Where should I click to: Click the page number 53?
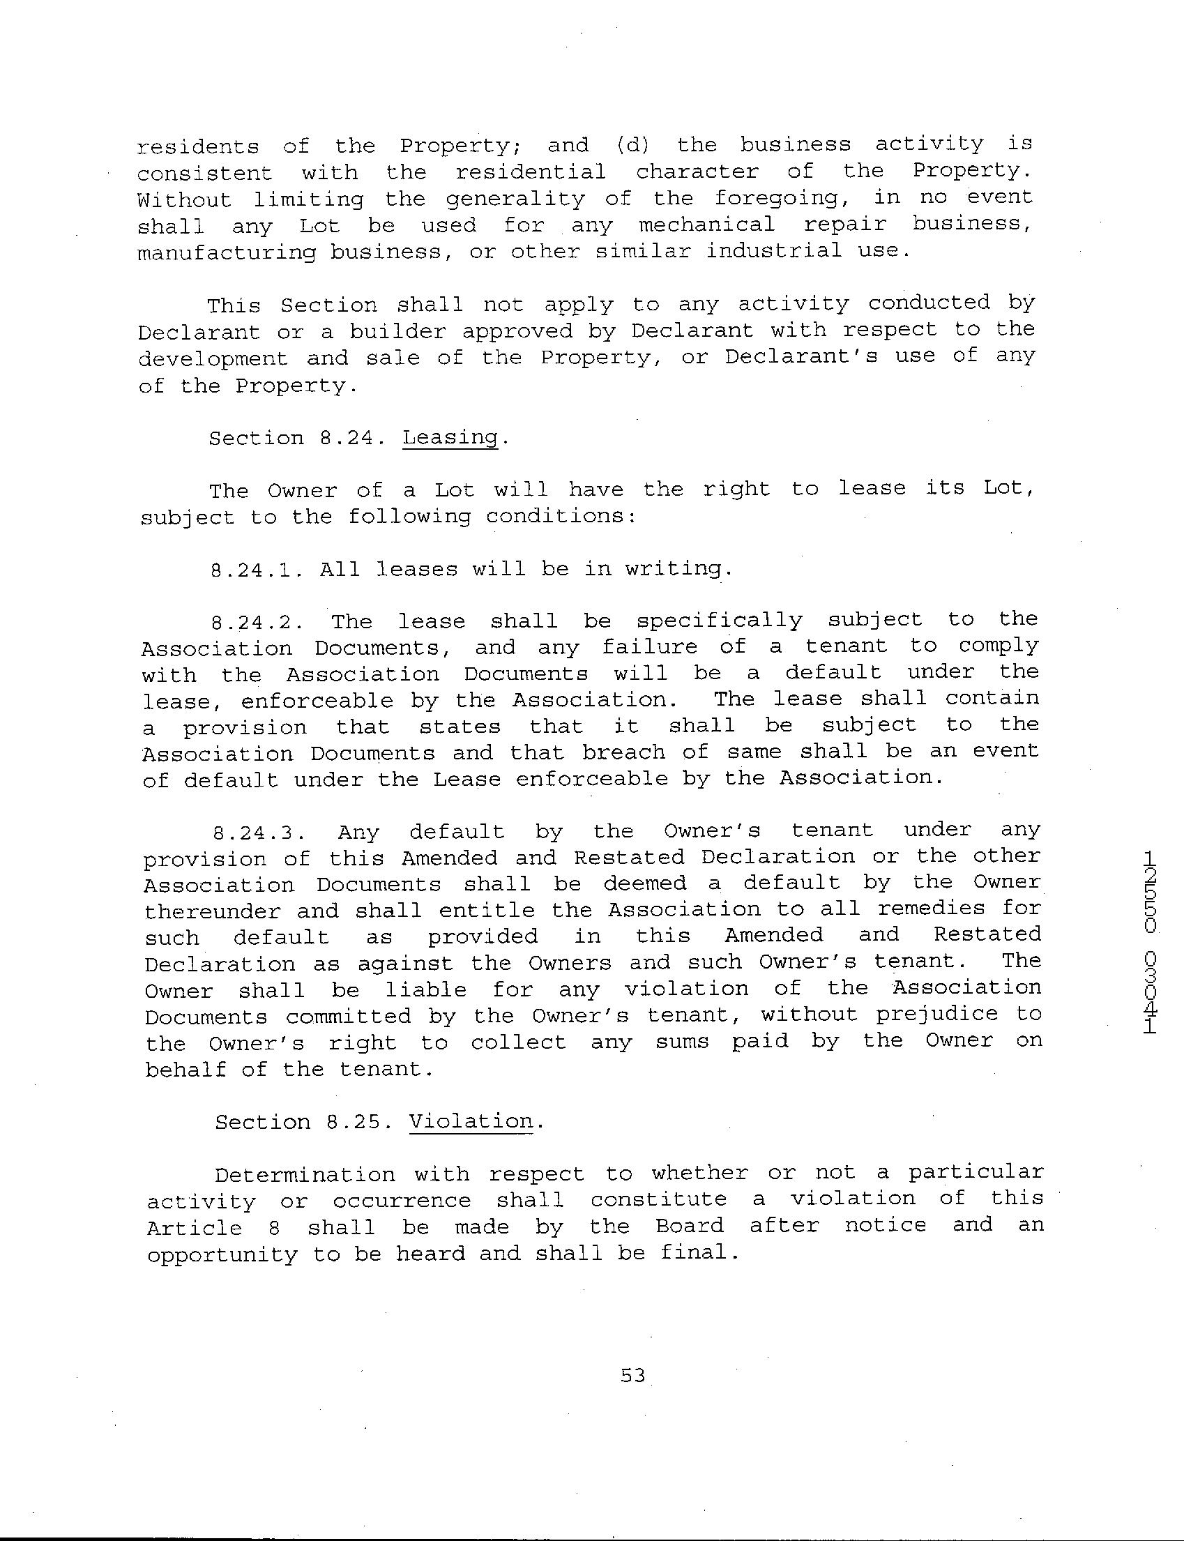(x=632, y=1375)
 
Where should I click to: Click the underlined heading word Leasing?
(x=450, y=438)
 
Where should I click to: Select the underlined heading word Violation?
(x=471, y=1121)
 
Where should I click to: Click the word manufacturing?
(x=226, y=253)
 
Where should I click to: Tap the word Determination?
(x=305, y=1175)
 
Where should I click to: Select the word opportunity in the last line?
(x=222, y=1255)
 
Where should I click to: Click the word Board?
(x=689, y=1226)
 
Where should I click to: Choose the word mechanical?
(x=707, y=225)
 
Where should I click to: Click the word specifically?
(x=720, y=621)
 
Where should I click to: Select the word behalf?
(x=185, y=1069)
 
